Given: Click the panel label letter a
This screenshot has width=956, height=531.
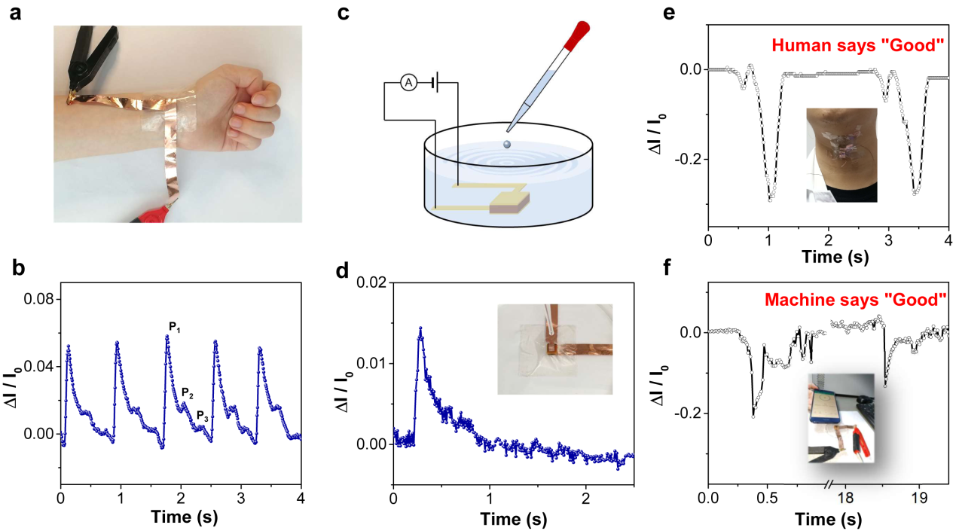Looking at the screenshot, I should pyautogui.click(x=16, y=14).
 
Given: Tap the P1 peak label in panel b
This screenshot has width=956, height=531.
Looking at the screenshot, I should pyautogui.click(x=173, y=326).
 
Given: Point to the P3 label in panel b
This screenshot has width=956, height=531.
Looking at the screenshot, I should pyautogui.click(x=203, y=415).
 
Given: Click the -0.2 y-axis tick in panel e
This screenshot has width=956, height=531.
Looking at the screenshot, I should pyautogui.click(x=689, y=160).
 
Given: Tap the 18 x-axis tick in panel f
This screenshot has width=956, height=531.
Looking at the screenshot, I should pyautogui.click(x=845, y=499).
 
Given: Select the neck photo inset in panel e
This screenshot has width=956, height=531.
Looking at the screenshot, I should pyautogui.click(x=841, y=154).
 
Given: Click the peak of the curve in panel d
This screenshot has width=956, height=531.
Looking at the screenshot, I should pyautogui.click(x=420, y=328).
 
